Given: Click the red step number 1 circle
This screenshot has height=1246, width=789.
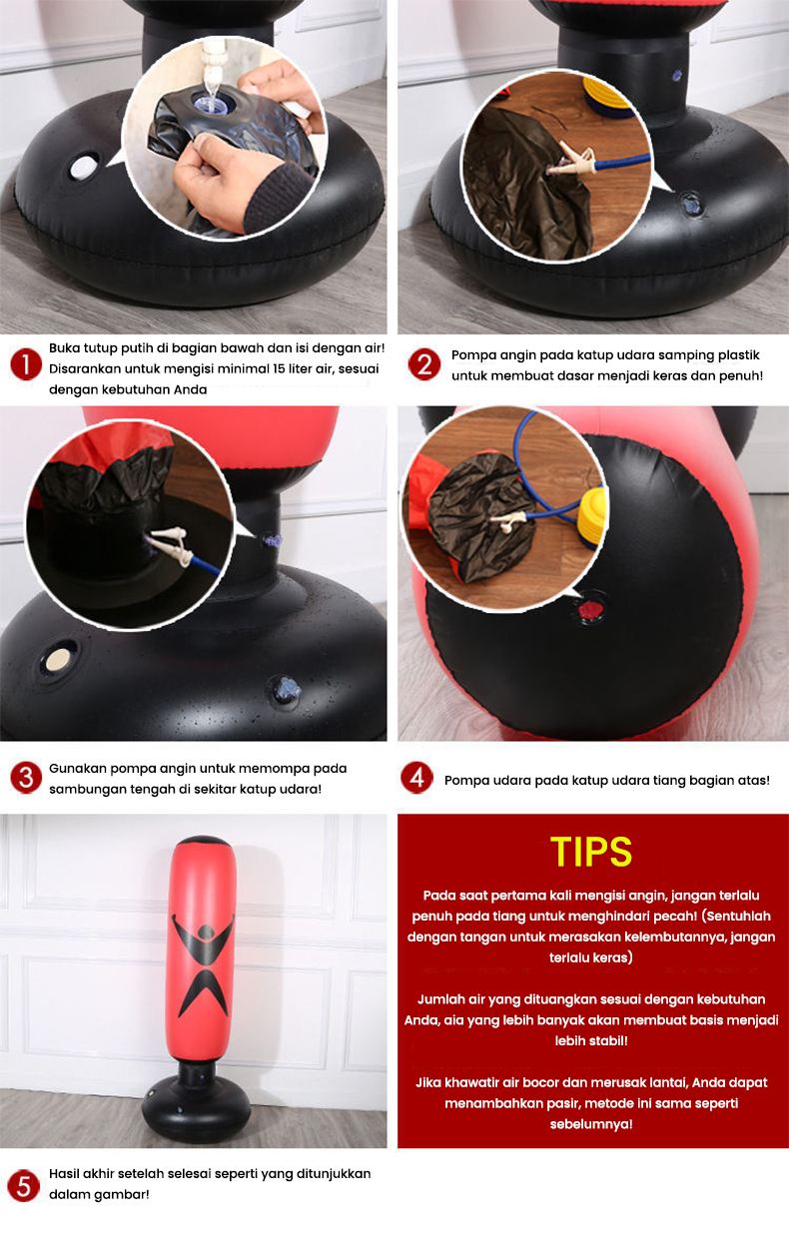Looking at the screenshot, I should click(25, 365).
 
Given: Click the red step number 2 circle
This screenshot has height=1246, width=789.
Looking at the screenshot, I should click(423, 364).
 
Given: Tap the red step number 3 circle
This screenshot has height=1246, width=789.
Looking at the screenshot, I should click(24, 778).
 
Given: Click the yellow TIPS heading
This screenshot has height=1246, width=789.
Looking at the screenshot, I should click(591, 852).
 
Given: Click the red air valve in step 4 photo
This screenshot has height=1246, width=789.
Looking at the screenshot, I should click(590, 606).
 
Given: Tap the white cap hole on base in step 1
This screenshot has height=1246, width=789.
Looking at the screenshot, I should click(83, 166).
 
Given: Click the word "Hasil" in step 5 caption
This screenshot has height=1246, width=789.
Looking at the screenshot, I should click(64, 1174).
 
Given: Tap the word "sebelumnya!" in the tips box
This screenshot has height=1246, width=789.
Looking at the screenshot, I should click(591, 1123).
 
